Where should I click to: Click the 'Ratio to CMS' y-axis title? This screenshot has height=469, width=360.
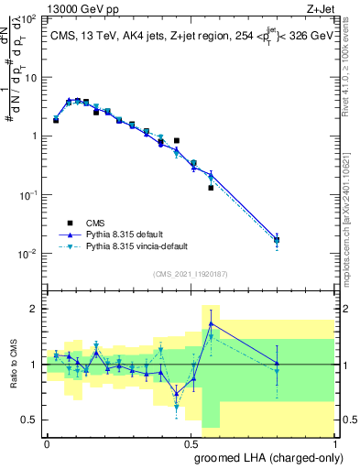pos(12,365)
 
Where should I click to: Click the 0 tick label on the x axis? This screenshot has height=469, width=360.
pos(47,442)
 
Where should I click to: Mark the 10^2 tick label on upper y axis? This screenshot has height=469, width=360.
pos(27,19)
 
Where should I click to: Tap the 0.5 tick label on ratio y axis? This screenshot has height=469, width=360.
pos(30,420)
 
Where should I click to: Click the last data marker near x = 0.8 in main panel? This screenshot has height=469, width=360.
pos(277,240)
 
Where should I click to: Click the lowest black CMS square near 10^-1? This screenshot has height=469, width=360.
pos(211,188)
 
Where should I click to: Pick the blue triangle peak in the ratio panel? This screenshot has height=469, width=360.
pos(211,323)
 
